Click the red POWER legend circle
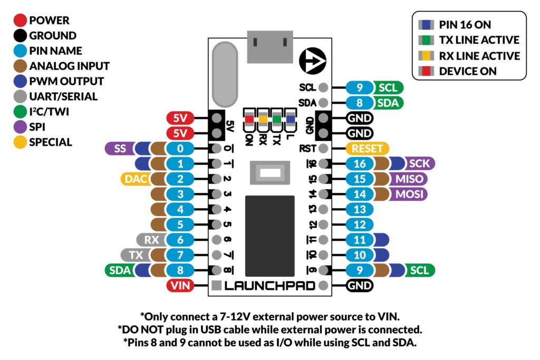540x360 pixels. [21, 21]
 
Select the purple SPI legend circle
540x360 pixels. [21, 127]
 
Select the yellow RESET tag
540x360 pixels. [368, 149]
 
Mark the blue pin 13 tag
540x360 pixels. [360, 209]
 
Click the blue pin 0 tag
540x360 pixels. [180, 149]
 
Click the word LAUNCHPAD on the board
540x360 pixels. [270, 286]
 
